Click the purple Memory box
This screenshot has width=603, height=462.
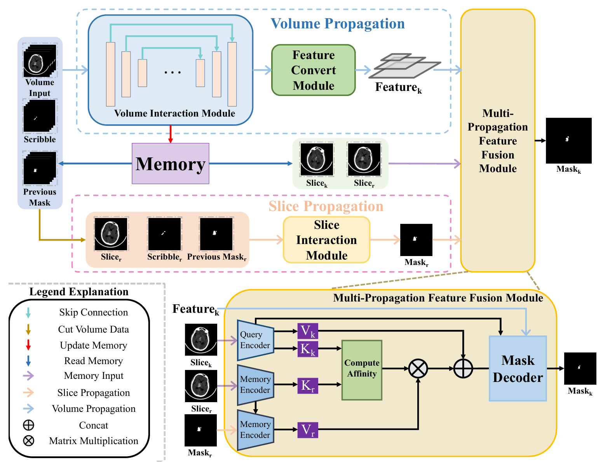(170, 164)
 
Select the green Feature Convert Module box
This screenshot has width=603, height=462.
(313, 70)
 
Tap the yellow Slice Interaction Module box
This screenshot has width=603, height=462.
(326, 240)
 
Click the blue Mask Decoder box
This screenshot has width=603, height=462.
(518, 368)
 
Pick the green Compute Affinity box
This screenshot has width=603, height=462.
(362, 370)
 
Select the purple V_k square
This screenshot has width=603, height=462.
(307, 331)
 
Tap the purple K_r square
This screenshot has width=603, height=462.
(307, 385)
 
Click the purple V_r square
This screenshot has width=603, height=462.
(307, 430)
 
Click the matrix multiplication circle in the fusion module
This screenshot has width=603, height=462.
(418, 368)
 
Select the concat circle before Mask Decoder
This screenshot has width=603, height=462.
(463, 368)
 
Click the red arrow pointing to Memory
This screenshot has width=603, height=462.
(170, 134)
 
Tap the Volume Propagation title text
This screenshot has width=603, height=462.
(337, 24)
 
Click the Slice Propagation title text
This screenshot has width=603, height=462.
(326, 206)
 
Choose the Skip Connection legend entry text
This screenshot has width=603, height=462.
(93, 312)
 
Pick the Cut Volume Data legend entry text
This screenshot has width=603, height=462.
(93, 330)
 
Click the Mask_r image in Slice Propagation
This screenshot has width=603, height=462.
(416, 240)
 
